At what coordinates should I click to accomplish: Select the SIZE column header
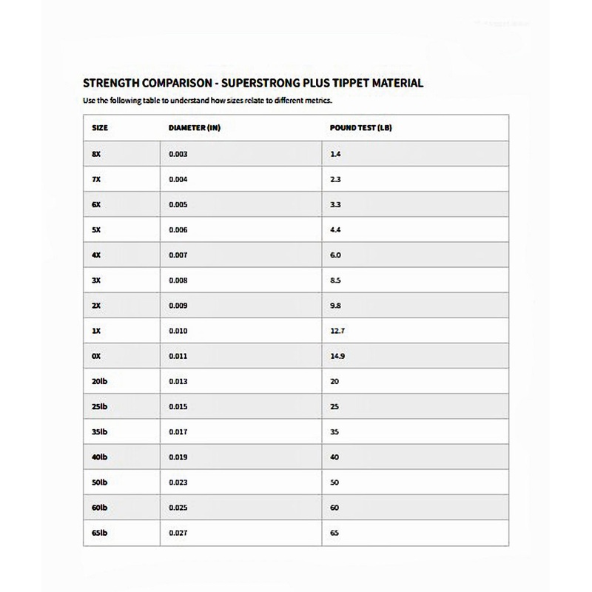click(100, 127)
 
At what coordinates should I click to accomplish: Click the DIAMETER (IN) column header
click(195, 127)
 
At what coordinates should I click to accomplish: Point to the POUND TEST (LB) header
click(361, 127)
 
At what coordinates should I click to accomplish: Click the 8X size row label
click(96, 153)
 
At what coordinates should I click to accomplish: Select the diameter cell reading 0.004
click(178, 178)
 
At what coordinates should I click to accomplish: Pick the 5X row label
click(96, 229)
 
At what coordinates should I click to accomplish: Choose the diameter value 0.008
click(178, 280)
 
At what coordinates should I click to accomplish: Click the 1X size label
click(96, 331)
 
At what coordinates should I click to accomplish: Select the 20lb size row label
click(100, 381)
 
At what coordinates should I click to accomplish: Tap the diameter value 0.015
click(178, 407)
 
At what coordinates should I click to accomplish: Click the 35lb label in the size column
click(100, 432)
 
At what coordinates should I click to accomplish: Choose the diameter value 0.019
click(178, 457)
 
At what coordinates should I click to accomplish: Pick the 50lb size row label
click(100, 482)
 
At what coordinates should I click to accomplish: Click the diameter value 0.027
click(178, 533)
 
